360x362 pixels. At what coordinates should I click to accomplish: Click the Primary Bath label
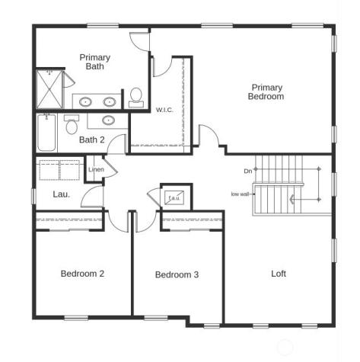(x=94, y=62)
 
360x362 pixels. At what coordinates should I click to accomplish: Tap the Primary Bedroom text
(x=266, y=92)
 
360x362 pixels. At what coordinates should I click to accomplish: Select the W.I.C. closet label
(x=164, y=111)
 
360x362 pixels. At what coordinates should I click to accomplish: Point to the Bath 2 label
(x=91, y=139)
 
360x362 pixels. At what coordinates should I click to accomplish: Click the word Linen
(x=96, y=169)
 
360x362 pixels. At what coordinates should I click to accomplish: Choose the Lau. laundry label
(x=62, y=194)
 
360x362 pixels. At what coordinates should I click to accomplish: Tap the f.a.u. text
(x=174, y=198)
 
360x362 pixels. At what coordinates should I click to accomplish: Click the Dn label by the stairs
(x=247, y=171)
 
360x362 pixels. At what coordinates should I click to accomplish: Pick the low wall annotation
(x=240, y=194)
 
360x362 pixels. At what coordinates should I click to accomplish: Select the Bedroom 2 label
(x=82, y=274)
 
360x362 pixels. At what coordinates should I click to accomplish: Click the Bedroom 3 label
(x=177, y=274)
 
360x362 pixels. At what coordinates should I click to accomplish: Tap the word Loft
(x=279, y=274)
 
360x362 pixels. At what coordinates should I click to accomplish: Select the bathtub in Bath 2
(x=46, y=133)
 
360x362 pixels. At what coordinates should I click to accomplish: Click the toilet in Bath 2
(x=72, y=123)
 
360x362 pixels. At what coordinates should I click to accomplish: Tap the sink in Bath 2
(x=108, y=120)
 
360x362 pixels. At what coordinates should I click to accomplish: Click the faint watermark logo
(x=285, y=348)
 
